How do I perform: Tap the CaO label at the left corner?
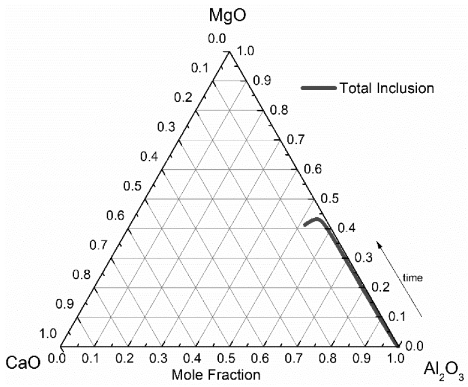[23, 363]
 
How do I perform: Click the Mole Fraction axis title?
[216, 375]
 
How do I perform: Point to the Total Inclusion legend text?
[387, 87]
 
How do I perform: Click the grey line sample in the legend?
[318, 87]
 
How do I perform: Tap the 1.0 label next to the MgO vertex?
[245, 52]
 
